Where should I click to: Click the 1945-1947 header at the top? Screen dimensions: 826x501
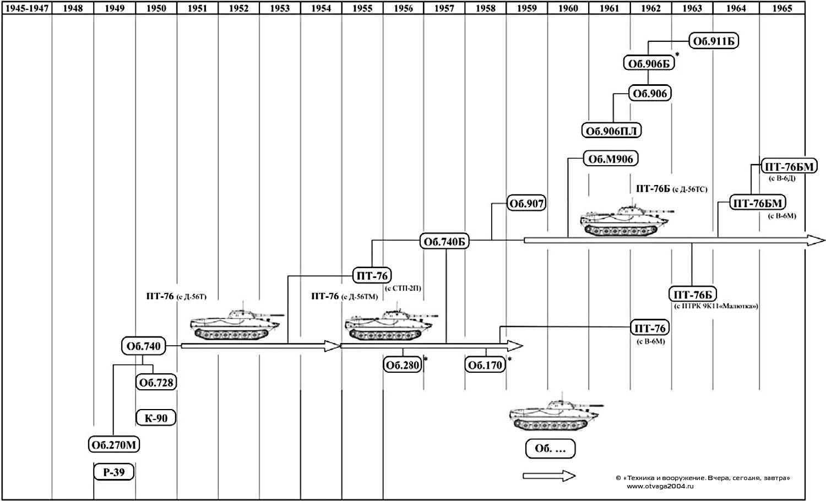click(x=27, y=8)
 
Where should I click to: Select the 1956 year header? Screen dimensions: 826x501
click(x=404, y=8)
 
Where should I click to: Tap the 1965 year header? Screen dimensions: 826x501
click(x=782, y=8)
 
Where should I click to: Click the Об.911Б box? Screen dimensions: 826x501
click(x=714, y=41)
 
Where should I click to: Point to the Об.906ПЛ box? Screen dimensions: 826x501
click(x=612, y=130)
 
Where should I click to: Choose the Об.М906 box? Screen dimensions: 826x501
click(x=611, y=159)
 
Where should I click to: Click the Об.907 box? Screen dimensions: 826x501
click(x=526, y=204)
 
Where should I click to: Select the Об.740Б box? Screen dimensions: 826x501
click(x=444, y=242)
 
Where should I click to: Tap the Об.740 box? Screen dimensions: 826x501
click(x=143, y=346)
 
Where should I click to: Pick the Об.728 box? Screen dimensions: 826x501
click(x=156, y=383)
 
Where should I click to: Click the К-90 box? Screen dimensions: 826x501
click(x=156, y=418)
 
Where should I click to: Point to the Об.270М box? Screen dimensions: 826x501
click(x=114, y=445)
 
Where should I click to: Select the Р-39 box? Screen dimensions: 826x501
click(x=113, y=472)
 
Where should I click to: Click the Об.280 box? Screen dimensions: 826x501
click(x=403, y=365)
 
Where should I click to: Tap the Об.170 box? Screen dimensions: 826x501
click(x=485, y=365)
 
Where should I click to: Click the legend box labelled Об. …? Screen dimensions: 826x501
click(x=550, y=449)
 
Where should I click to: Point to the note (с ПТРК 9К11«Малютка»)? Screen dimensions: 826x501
click(x=716, y=306)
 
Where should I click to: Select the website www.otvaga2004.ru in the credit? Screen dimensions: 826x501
click(x=660, y=486)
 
